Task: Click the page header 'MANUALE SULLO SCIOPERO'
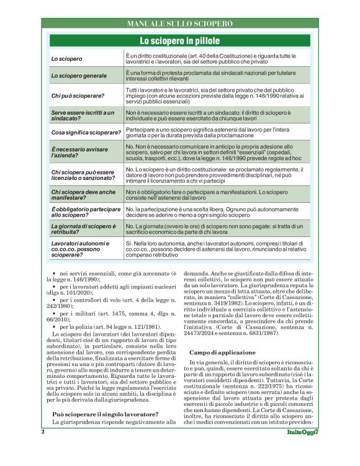[179, 24]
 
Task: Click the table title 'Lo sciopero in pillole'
[179, 42]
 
